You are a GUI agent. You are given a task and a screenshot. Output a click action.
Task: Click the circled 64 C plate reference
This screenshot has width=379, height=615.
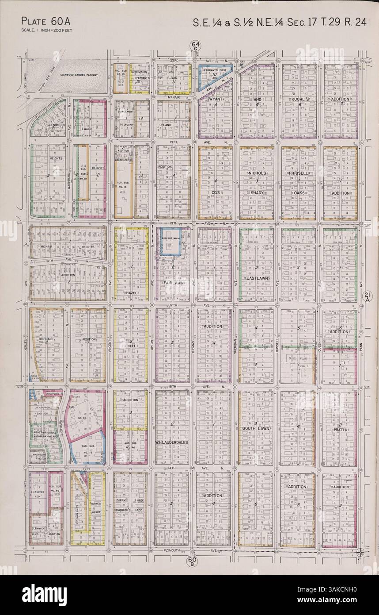pyautogui.click(x=193, y=46)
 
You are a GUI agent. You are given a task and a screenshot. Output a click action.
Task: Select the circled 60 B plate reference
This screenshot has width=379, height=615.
pyautogui.click(x=193, y=561)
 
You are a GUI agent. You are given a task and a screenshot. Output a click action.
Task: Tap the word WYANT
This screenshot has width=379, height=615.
pyautogui.click(x=215, y=100)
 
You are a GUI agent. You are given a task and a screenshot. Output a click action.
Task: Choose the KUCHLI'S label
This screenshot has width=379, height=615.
pyautogui.click(x=298, y=100)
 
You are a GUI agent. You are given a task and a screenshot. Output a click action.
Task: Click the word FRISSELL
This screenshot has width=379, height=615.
pyautogui.click(x=299, y=173)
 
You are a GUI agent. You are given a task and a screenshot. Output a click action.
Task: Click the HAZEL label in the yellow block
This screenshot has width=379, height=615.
pyautogui.click(x=131, y=293)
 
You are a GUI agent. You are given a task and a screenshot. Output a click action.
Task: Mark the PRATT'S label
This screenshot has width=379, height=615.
pyautogui.click(x=340, y=429)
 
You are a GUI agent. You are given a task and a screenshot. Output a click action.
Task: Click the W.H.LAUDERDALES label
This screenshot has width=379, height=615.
pyautogui.click(x=172, y=442)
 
